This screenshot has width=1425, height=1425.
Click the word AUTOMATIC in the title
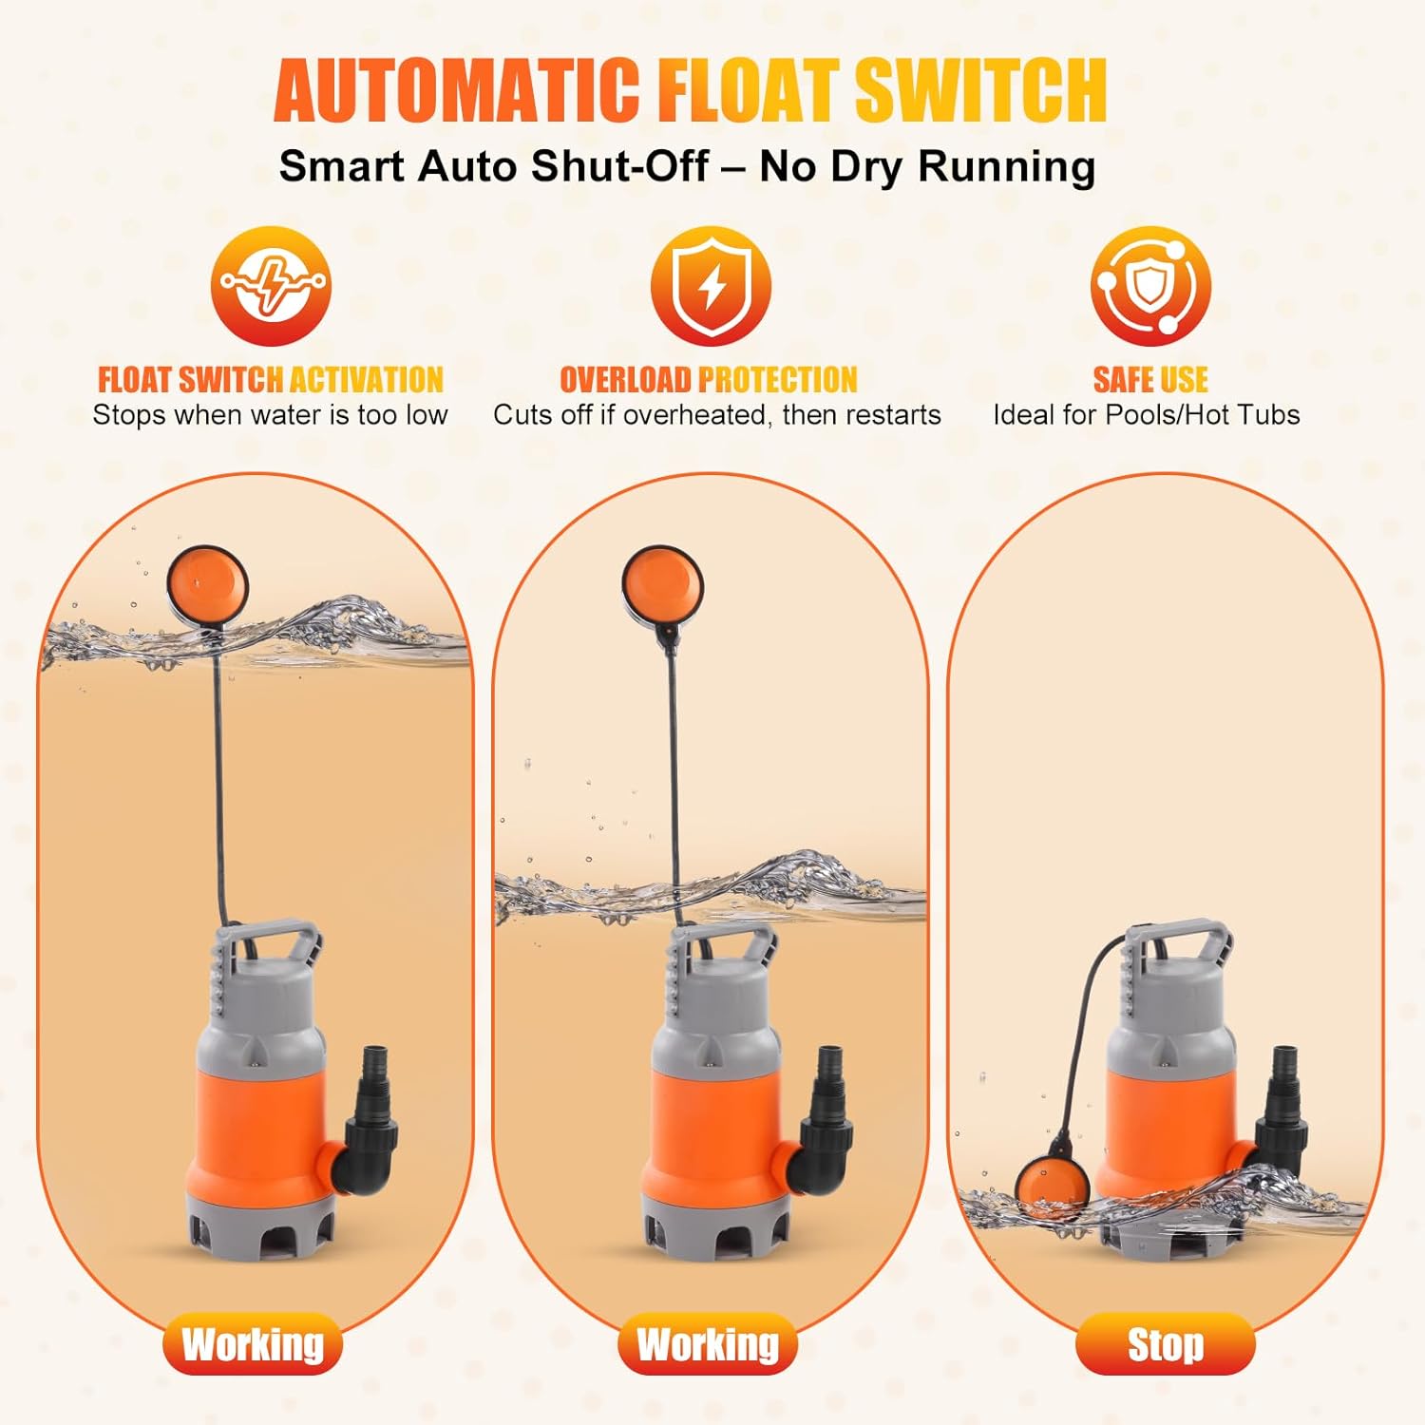point(457,90)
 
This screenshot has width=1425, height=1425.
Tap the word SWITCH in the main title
point(981,90)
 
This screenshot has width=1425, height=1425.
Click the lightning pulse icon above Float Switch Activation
point(271,285)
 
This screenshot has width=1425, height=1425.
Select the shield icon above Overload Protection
point(711,285)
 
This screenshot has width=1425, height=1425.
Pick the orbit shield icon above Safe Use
point(1150,285)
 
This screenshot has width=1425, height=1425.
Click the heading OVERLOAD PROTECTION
point(709,380)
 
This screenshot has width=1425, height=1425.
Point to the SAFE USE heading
point(1150,380)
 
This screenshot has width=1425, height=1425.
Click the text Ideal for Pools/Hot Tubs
point(1147,415)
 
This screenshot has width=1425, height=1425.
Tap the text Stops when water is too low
point(270,415)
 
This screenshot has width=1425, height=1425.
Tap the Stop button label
point(1166,1345)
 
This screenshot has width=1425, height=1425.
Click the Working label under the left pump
point(253,1345)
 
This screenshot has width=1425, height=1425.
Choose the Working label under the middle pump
point(708,1345)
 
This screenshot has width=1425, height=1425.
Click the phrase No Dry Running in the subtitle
point(927,166)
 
